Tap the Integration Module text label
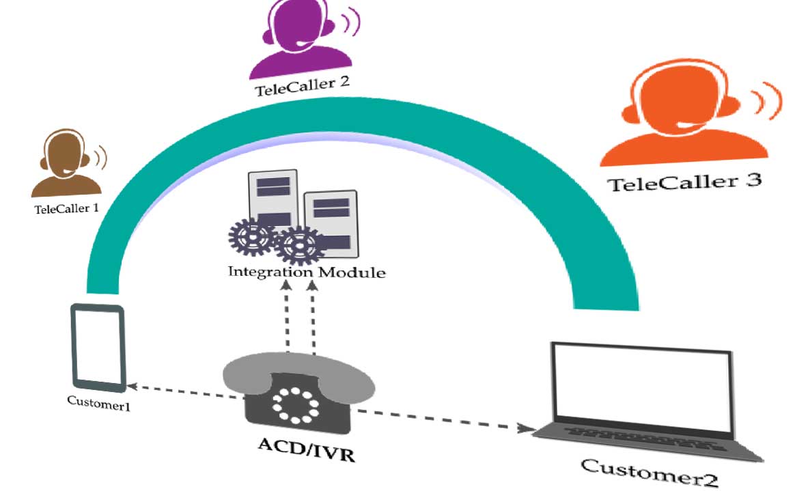(x=307, y=272)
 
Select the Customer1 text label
(x=98, y=403)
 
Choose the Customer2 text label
(x=649, y=471)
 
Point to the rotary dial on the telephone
(x=296, y=404)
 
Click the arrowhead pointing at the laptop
(x=526, y=428)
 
